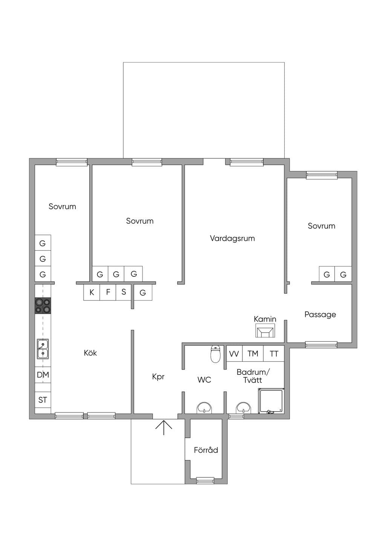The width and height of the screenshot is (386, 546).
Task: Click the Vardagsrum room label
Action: pos(232,238)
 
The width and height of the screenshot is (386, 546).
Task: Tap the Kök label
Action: pos(90,353)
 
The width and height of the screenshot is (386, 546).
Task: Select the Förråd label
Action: pos(206,450)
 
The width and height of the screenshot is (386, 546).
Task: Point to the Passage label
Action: pos(320,314)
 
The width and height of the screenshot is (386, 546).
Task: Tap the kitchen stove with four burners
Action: pos(43,306)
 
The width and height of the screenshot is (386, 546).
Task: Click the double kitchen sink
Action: pos(43,349)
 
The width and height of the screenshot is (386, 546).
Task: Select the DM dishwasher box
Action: pos(43,375)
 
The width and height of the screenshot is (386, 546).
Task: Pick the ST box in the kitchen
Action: pos(43,400)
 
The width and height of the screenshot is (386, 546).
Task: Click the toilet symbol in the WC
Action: pos(215,354)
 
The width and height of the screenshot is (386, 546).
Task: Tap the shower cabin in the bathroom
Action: pos(271,401)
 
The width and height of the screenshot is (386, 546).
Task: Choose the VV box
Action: pos(234,353)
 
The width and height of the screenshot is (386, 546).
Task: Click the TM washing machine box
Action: pos(253,353)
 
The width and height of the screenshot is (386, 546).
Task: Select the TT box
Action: pos(274,353)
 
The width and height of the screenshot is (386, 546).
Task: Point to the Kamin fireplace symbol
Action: pos(265,331)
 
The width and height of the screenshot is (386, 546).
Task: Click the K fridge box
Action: pos(92,292)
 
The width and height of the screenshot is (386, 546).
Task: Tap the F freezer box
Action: pos(108,292)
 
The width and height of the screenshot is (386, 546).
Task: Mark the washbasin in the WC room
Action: pos(204,408)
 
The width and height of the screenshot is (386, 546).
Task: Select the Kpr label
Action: pos(158,377)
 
